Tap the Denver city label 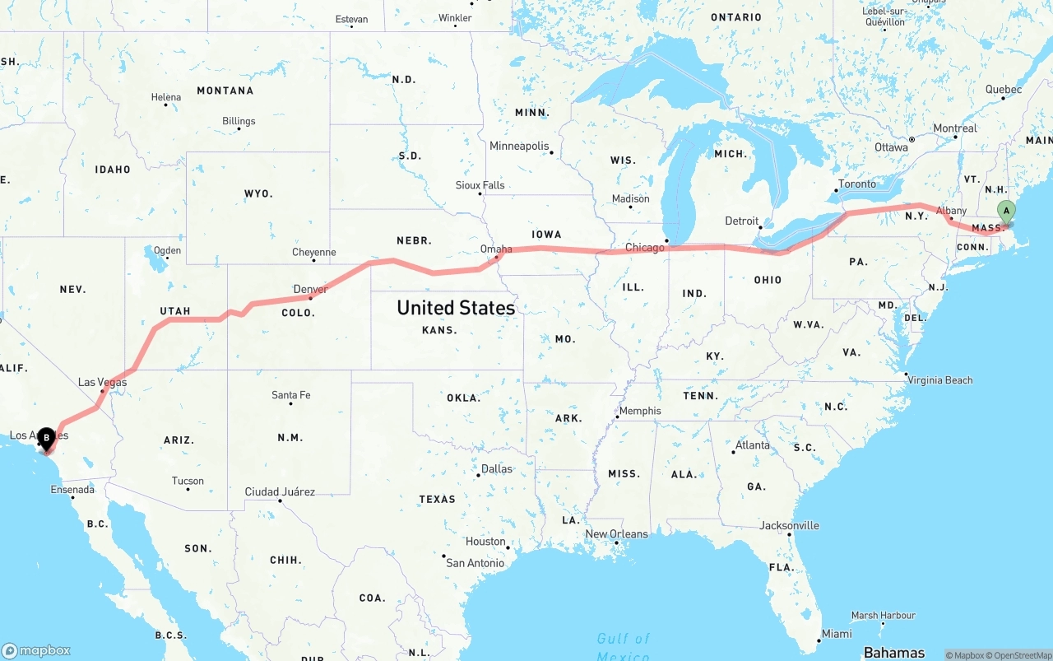(311, 289)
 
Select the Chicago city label (645, 247)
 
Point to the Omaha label (496, 249)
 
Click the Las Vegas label (102, 382)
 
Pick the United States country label (455, 308)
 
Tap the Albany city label (951, 211)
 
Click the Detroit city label (741, 221)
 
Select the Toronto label (857, 184)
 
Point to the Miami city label (837, 633)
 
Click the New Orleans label (616, 533)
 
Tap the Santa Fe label (291, 395)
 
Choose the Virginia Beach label (939, 379)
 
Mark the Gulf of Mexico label (623, 646)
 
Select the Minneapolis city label (519, 146)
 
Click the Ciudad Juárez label (280, 491)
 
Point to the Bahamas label (894, 653)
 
